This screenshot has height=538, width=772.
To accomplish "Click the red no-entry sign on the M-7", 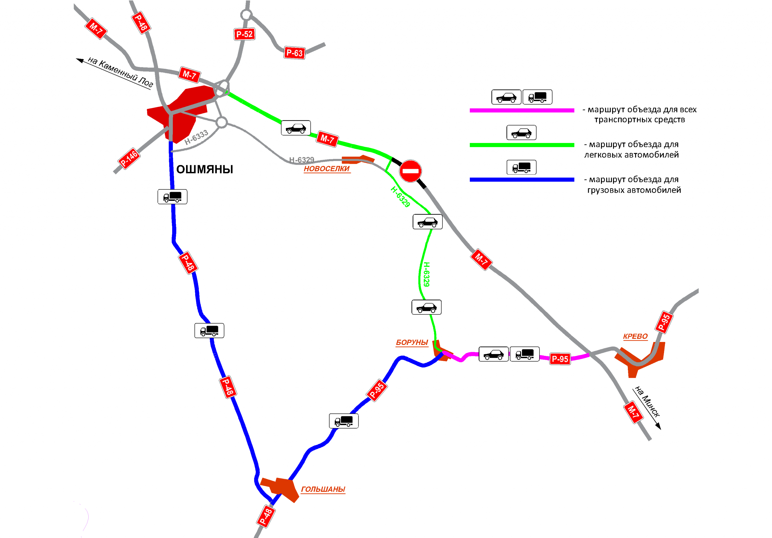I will (x=410, y=171).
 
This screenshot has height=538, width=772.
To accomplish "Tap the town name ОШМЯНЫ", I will (x=204, y=169).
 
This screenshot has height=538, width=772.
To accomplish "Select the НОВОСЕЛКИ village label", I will (x=327, y=169).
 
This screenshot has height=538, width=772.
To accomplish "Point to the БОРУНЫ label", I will (x=412, y=342).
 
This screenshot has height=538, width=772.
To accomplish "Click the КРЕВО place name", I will (x=635, y=336).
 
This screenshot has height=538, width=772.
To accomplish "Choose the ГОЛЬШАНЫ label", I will (x=323, y=489).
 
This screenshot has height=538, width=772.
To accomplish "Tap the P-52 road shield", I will (x=245, y=34).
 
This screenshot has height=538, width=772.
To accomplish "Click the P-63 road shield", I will (x=294, y=53).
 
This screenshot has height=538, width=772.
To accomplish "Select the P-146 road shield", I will (x=129, y=158).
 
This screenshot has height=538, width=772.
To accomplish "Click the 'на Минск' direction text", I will (x=647, y=401).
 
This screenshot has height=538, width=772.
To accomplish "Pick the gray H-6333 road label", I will (x=196, y=137).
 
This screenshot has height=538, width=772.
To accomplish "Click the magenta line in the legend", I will (x=521, y=110).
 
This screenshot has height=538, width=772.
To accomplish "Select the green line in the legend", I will (x=521, y=145).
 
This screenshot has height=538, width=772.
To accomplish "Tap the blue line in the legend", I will (x=521, y=179).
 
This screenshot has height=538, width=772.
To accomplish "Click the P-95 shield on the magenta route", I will (x=560, y=359).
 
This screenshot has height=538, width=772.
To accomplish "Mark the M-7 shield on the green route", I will (x=327, y=138).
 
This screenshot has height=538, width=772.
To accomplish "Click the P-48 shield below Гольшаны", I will (x=266, y=517).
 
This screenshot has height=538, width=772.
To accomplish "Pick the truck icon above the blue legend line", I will (x=521, y=167).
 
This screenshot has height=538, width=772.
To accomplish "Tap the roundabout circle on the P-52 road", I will (x=246, y=15).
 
